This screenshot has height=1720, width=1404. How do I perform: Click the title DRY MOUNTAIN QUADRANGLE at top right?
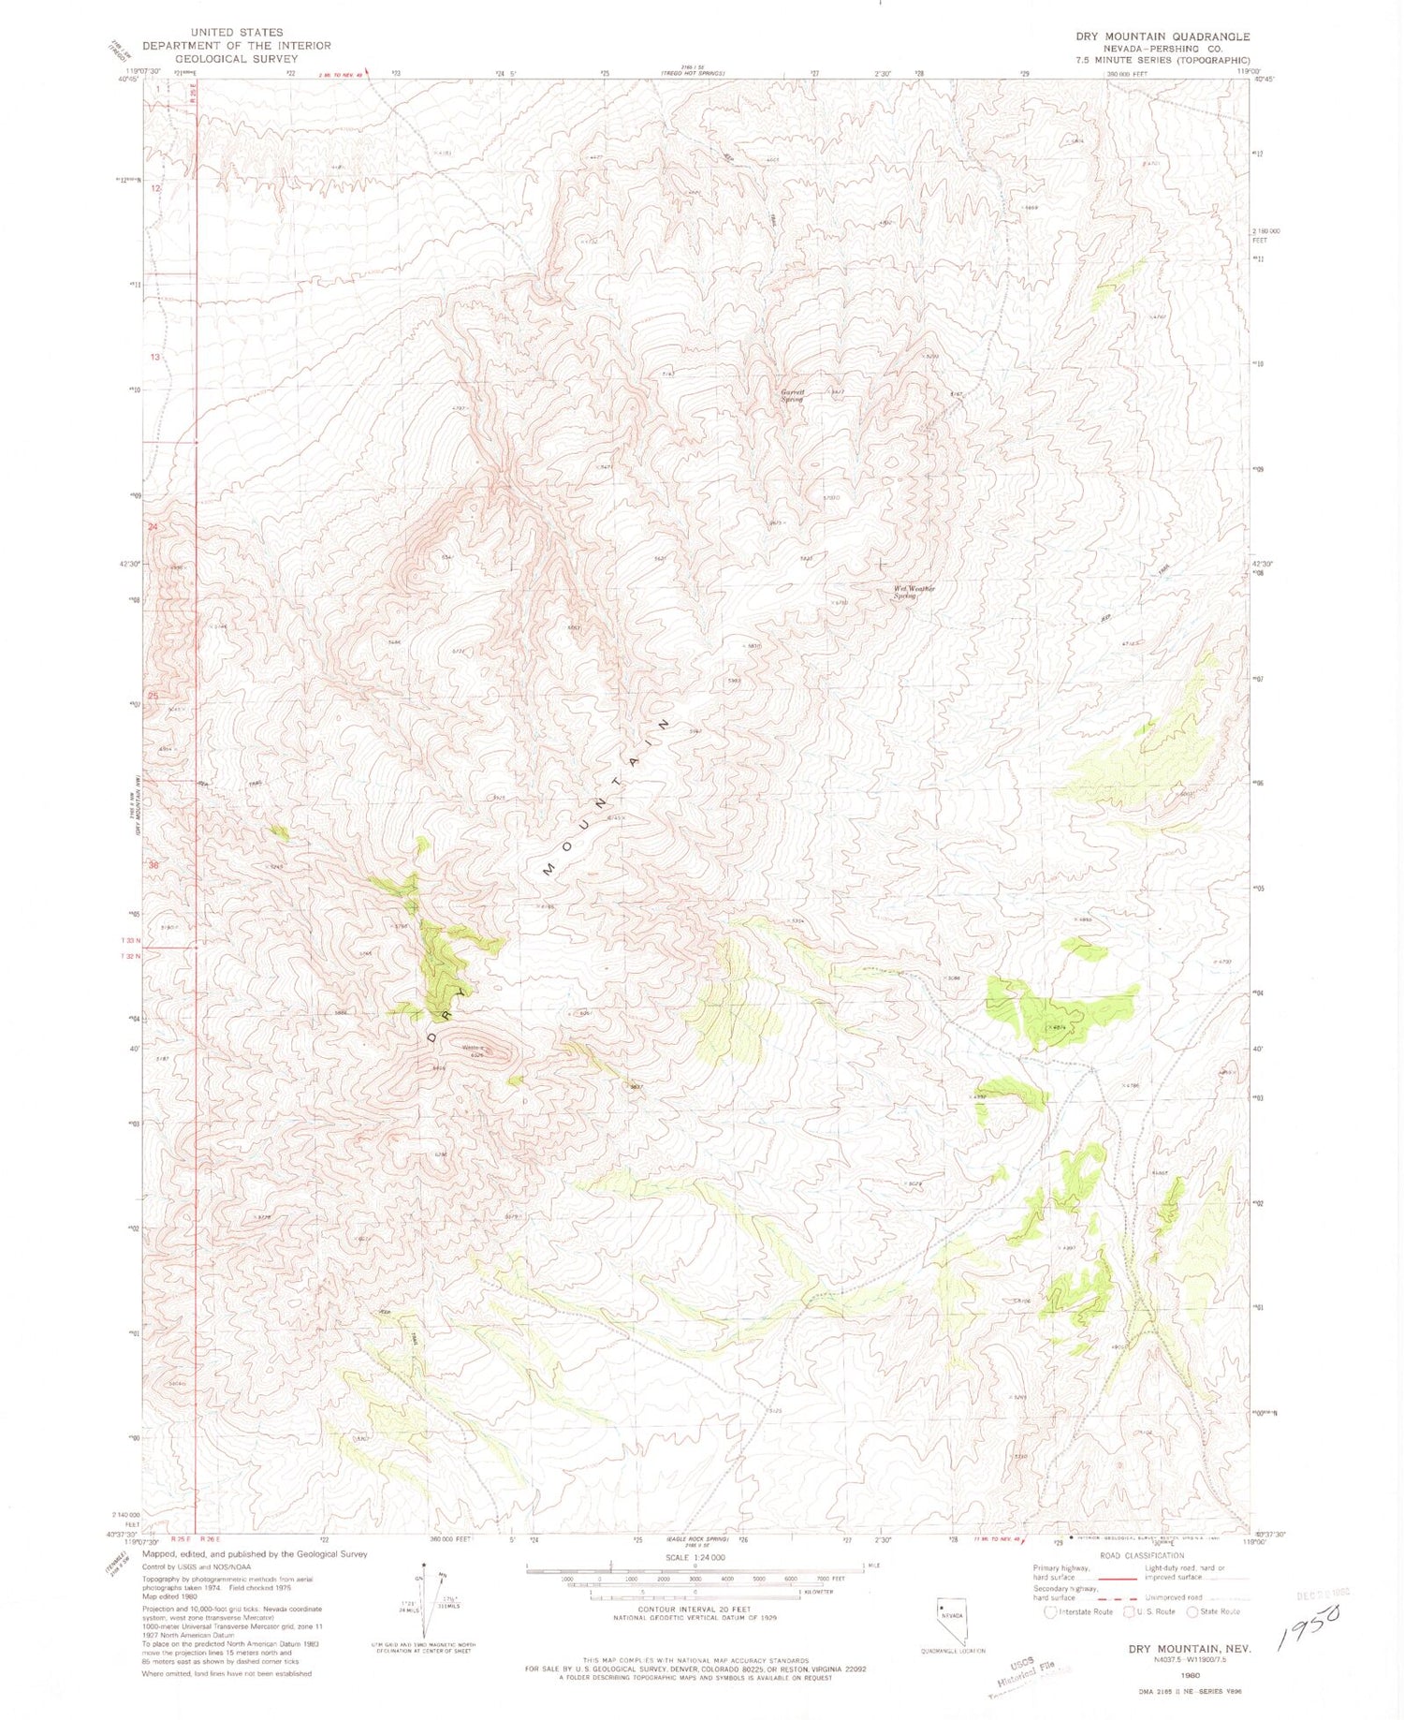pos(1162,37)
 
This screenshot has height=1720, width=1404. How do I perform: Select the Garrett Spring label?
pos(793,395)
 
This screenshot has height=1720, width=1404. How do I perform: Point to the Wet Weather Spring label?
pos(914,592)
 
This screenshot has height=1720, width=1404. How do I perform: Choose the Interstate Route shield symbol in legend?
pos(1051,1611)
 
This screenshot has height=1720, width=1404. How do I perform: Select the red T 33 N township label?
pos(131,940)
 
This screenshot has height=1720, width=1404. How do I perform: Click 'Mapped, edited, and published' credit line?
pos(255,1553)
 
